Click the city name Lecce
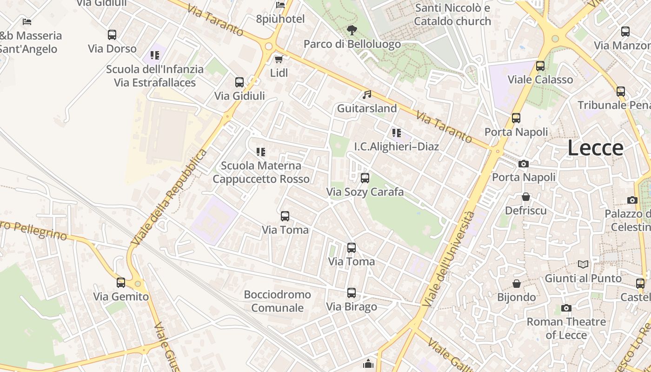tap(595, 148)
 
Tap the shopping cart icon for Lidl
tap(279, 59)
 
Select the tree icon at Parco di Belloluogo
tap(352, 30)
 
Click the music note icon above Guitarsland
tap(367, 94)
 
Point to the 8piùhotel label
tap(280, 19)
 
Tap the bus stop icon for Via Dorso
tap(112, 35)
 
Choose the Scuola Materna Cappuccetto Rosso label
tap(261, 172)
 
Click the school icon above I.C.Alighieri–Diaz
tap(396, 133)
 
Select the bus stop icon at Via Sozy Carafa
tap(365, 178)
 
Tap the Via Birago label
tap(352, 307)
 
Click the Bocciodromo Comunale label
tap(277, 301)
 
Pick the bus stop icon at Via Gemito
tap(121, 283)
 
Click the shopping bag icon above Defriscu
tap(526, 197)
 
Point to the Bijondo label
tap(516, 297)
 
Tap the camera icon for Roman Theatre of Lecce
tap(566, 308)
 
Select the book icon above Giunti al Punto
tap(583, 264)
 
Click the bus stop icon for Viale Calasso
tap(540, 66)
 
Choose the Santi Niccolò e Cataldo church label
tap(452, 14)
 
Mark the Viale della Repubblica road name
tap(169, 197)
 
